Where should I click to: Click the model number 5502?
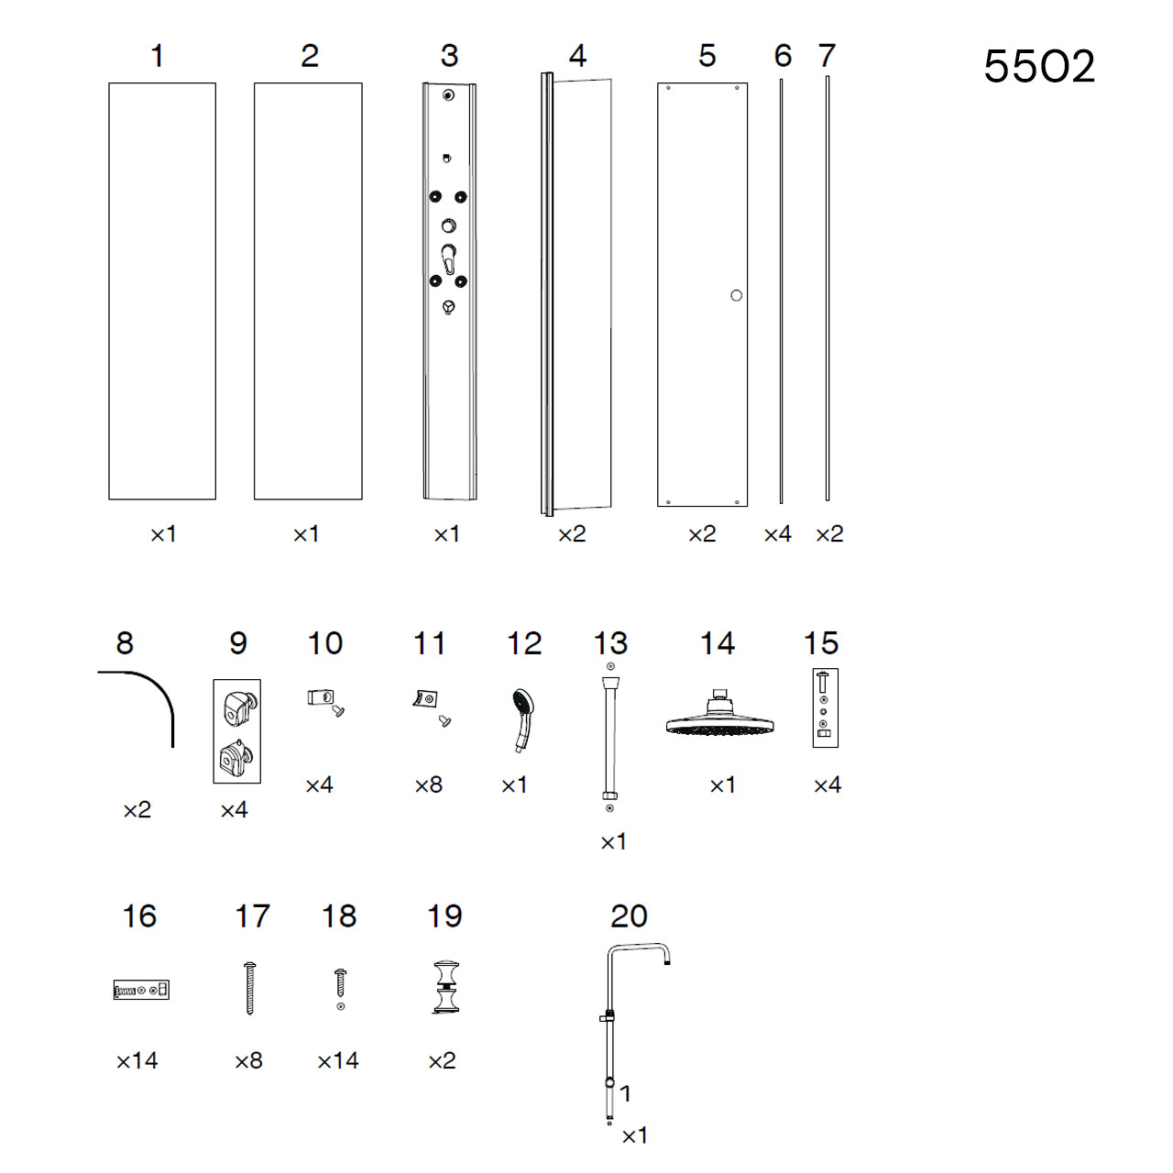click(x=1038, y=66)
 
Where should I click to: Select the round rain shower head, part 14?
click(x=719, y=714)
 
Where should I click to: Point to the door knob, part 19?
click(x=446, y=987)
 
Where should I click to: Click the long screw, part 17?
click(x=249, y=988)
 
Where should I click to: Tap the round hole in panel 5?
click(x=736, y=295)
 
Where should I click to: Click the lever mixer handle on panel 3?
click(x=449, y=259)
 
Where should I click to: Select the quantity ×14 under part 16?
click(x=137, y=1061)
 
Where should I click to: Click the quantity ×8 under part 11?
click(x=428, y=784)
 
